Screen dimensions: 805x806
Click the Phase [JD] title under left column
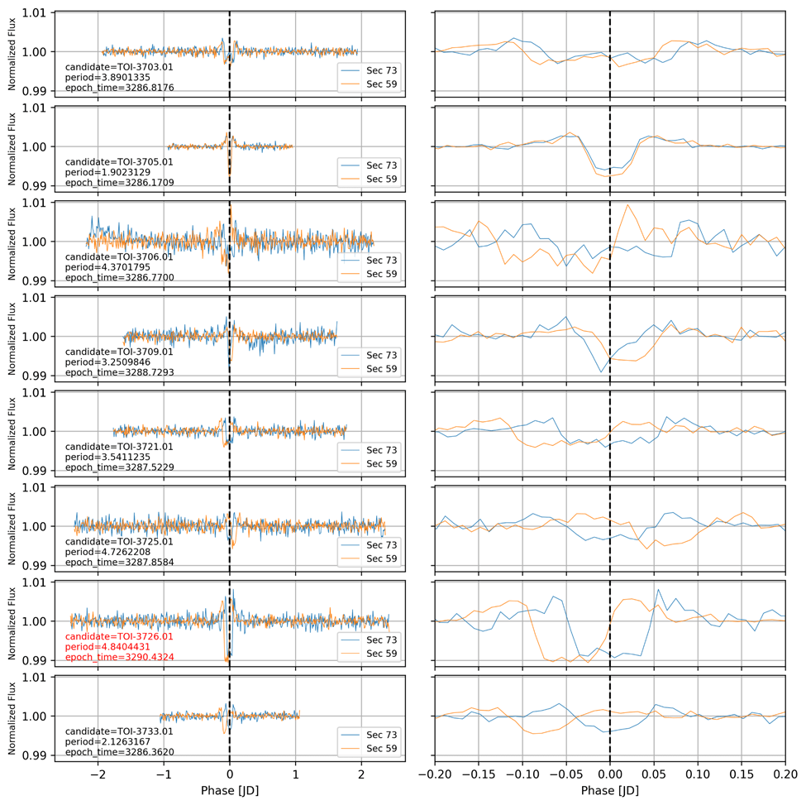click(229, 790)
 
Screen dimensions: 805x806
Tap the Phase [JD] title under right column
click(609, 790)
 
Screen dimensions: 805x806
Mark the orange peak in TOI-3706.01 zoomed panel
click(628, 204)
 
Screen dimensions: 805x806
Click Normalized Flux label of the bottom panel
click(11, 716)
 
